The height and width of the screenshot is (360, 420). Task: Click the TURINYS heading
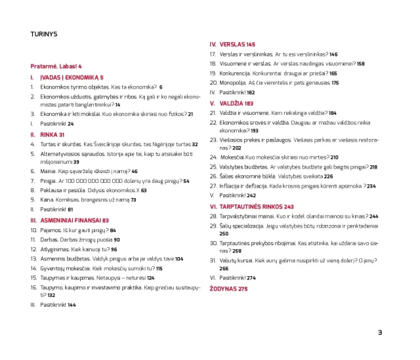coord(44,33)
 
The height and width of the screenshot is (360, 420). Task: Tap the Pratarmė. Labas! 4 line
coord(56,66)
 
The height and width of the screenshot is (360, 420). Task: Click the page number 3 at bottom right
coord(379,332)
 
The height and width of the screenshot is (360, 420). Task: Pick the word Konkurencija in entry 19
coord(235,73)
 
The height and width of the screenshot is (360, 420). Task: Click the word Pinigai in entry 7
coord(48,181)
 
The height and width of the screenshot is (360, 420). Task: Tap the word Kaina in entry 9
coord(47,200)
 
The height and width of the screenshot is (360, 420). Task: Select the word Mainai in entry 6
coord(48,171)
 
